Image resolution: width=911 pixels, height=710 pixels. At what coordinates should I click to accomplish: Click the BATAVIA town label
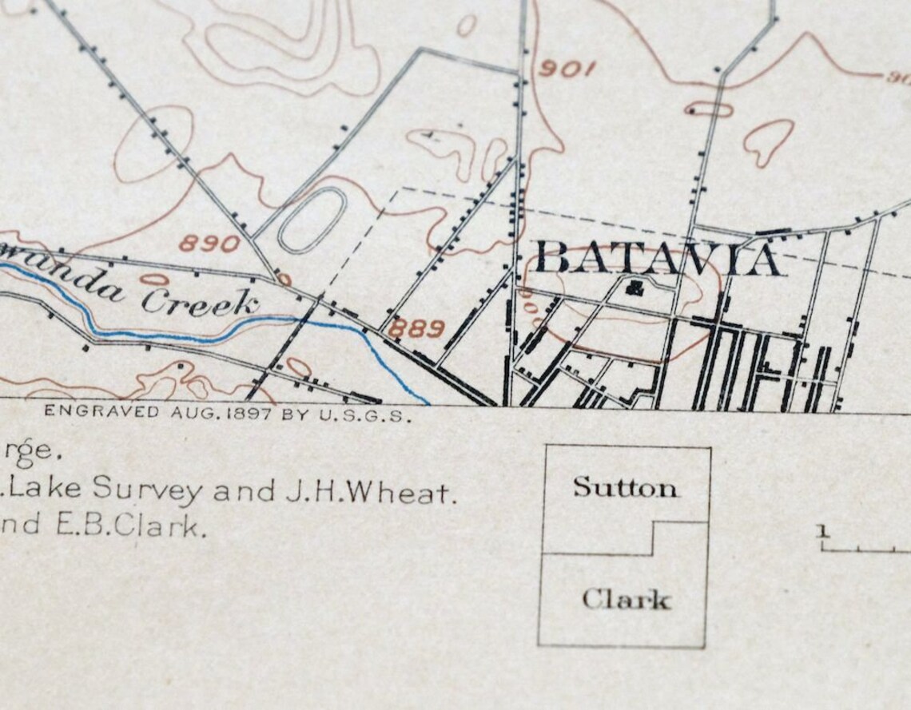(657, 260)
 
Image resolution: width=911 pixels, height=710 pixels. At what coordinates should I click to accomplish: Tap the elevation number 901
(567, 69)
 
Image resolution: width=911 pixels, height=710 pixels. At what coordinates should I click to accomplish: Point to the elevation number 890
(209, 244)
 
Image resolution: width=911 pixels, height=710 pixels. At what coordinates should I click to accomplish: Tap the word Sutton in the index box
(625, 487)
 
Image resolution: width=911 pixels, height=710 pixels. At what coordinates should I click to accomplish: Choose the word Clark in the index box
(626, 599)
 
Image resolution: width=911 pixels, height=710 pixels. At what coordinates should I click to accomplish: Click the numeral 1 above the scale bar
(824, 530)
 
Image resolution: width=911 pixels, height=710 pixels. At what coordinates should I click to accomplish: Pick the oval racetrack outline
(312, 219)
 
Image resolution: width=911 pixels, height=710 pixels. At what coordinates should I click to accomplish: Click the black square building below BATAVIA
(635, 288)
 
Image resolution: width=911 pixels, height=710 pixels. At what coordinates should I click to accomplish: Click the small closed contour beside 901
(466, 25)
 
